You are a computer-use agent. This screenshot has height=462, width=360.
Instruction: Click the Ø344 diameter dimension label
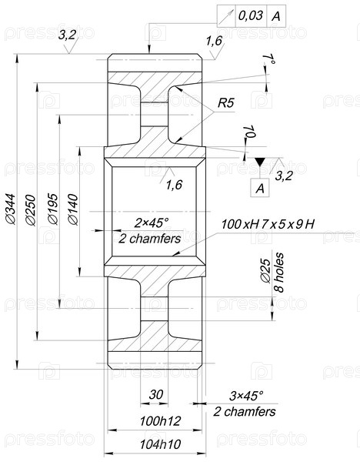click(11, 209)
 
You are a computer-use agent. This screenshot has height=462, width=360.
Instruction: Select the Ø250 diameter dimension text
click(31, 209)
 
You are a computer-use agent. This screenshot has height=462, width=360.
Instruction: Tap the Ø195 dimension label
click(53, 209)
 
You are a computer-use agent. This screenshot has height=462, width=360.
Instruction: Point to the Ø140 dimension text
click(73, 209)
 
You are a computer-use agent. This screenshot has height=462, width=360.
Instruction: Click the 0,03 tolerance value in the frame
click(250, 15)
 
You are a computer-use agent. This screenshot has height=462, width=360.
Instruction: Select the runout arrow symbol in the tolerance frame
click(226, 16)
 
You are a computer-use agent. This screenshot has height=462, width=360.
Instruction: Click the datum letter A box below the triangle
click(260, 188)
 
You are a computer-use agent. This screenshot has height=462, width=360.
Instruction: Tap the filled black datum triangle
click(260, 162)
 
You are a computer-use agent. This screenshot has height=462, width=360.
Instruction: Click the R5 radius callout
click(226, 103)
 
